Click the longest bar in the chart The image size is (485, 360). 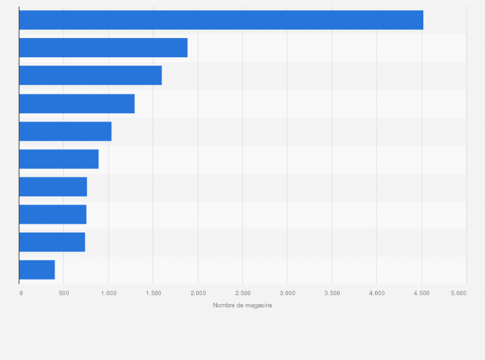coord(221,20)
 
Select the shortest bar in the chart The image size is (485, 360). coord(37,270)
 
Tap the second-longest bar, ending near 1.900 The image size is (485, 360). coord(104,48)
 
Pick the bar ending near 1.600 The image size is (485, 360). coord(90,75)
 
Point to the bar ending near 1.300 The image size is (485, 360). coord(77,104)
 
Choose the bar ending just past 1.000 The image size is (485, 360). coord(65,131)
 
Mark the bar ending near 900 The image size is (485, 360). coord(59,159)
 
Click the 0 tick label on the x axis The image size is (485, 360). coord(21,293)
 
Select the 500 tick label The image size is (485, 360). coord(64,293)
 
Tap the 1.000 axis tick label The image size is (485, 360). coord(109,293)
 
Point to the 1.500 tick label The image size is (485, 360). coord(154,293)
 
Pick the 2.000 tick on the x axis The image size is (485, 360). coord(198,293)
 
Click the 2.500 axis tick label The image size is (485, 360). coord(243,293)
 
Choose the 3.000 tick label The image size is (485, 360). coord(288,293)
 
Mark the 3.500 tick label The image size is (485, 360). coord(332,293)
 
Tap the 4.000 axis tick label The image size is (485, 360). coord(377,293)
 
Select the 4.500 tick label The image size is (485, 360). coord(421,293)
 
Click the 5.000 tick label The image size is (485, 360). coord(459,293)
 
